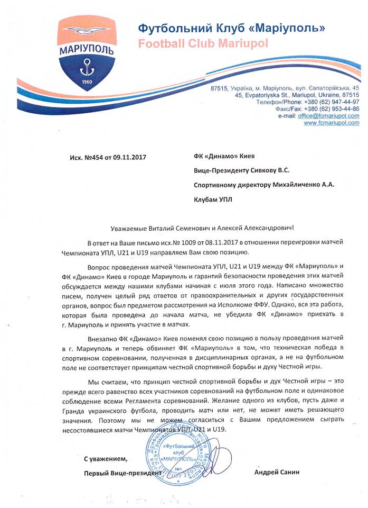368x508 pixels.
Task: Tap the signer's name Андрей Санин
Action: [276, 472]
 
